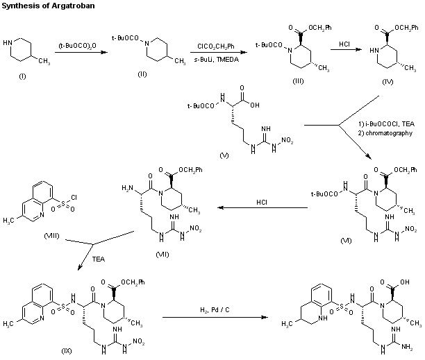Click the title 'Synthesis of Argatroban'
[43, 6]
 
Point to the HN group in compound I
[8, 41]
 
